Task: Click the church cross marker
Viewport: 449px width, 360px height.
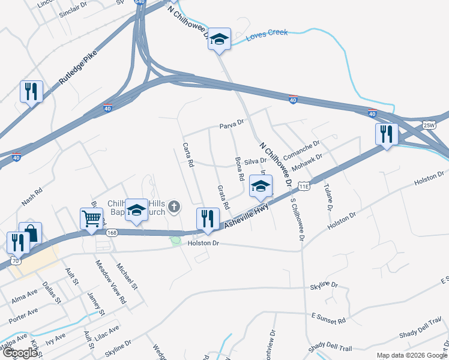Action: tap(174, 208)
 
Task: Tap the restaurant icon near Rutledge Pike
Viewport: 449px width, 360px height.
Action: tap(31, 91)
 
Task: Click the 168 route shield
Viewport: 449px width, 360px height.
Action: tap(110, 232)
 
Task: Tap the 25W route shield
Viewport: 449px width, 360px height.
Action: tap(429, 125)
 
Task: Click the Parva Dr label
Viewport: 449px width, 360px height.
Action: tap(232, 123)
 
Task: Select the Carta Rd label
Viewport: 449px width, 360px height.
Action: tap(188, 155)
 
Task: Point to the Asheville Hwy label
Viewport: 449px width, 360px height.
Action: tap(247, 215)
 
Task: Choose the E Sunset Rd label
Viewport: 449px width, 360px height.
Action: tap(329, 319)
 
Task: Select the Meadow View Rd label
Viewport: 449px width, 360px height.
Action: tap(110, 281)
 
